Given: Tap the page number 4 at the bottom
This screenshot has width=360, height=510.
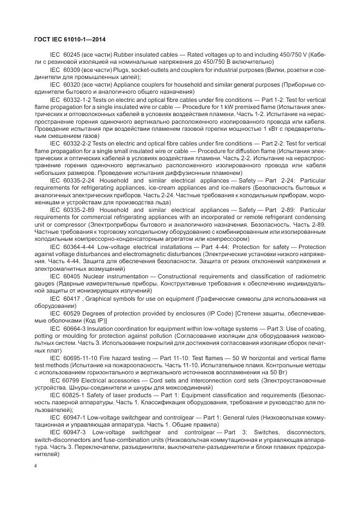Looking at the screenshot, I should pos(35,466).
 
